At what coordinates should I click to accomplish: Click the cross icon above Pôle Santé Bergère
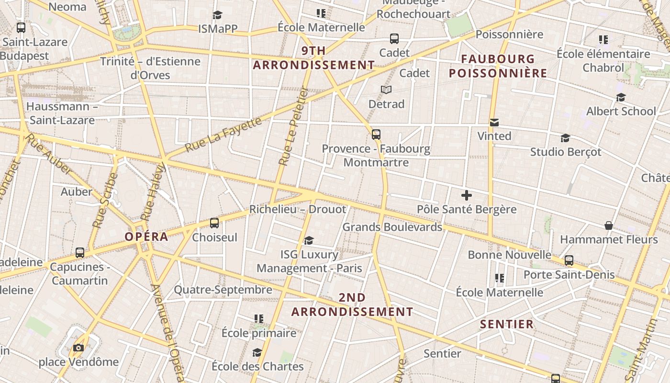point(467,195)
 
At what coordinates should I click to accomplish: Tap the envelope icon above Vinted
point(494,123)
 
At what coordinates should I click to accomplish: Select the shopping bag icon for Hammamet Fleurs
point(608,225)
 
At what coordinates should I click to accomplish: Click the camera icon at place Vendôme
point(78,348)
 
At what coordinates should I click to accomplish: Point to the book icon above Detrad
point(386,90)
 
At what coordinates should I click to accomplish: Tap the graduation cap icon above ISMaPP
point(218,15)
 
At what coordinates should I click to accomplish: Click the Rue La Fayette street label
point(223,135)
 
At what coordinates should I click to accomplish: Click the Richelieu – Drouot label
point(297,209)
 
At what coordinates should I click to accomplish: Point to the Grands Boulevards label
point(392,227)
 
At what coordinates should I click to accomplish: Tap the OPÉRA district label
point(146,237)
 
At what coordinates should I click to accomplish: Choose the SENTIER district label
point(506,324)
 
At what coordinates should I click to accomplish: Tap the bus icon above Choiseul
point(214,223)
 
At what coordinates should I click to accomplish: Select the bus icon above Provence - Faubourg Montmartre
point(376,135)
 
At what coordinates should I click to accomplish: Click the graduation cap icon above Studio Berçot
point(565,138)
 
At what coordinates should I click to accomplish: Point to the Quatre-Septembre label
point(223,290)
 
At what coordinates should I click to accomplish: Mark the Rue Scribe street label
point(104,200)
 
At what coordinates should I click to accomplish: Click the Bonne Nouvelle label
point(510,255)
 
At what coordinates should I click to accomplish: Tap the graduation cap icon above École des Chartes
point(257,353)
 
